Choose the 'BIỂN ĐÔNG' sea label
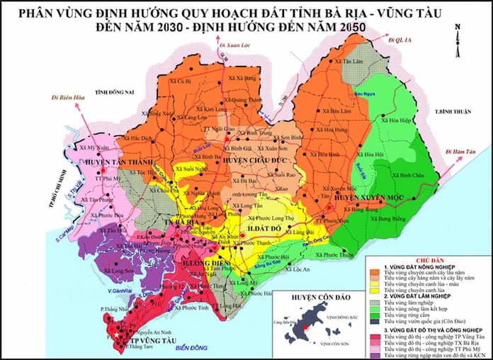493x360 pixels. click(x=191, y=348)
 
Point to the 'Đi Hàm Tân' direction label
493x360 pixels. click(x=461, y=151)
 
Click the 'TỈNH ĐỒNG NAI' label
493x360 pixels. click(x=116, y=91)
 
